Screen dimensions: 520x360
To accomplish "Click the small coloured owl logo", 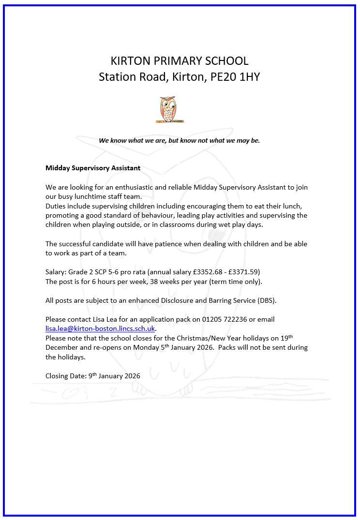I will pyautogui.click(x=169, y=109).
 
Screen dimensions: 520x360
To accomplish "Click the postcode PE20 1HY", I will pyautogui.click(x=235, y=77).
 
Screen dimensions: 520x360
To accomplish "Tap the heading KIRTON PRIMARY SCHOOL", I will pyautogui.click(x=180, y=61).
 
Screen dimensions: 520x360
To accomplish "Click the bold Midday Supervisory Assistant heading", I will pyautogui.click(x=93, y=168).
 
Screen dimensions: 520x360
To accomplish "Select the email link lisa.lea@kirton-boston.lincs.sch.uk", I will pyautogui.click(x=100, y=328).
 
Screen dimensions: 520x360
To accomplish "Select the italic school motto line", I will pyautogui.click(x=180, y=140).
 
